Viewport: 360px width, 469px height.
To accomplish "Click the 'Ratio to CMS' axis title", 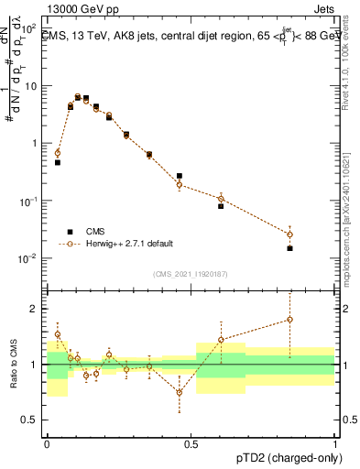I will click(13, 364).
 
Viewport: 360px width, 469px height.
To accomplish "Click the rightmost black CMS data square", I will click(289, 248).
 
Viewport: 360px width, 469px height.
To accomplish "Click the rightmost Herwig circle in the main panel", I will click(289, 234).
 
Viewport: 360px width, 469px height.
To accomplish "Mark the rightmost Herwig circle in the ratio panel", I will click(289, 320).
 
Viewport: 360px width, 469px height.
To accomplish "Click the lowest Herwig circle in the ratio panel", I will click(180, 392).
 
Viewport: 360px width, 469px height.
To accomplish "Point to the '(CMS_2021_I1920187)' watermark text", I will click(191, 273).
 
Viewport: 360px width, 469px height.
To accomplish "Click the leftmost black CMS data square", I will click(58, 162).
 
